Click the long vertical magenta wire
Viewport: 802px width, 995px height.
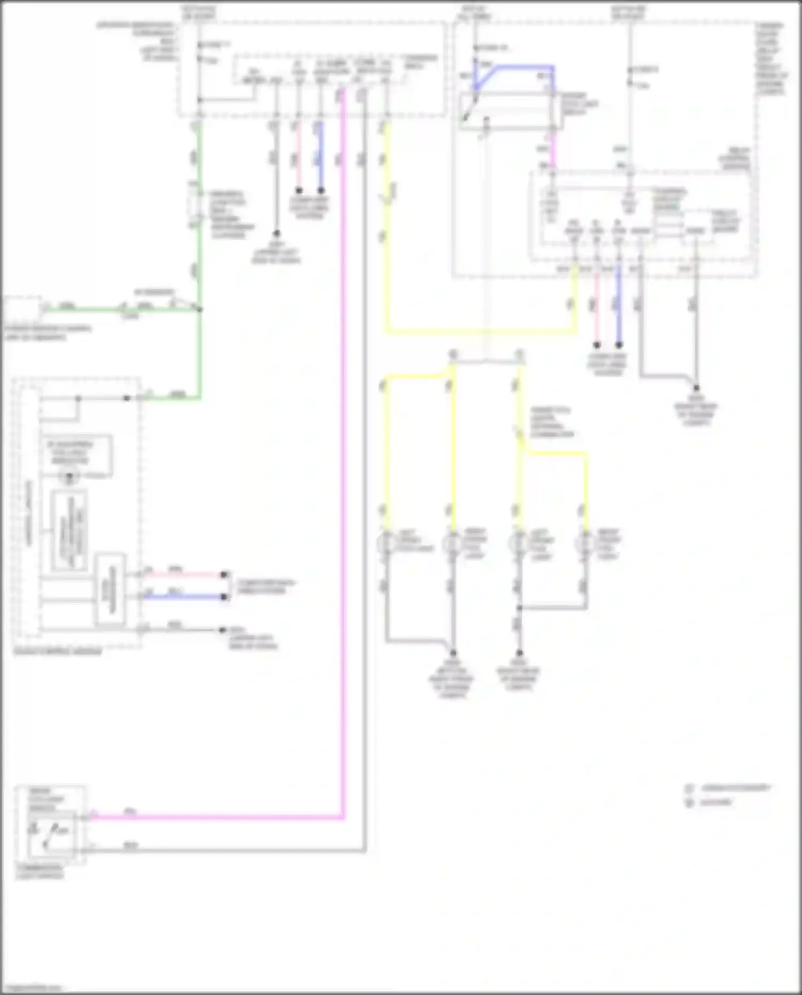pos(343,481)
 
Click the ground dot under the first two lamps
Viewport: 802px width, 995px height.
pos(453,653)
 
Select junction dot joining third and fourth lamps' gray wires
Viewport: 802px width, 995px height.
pos(519,608)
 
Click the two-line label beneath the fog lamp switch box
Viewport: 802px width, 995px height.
pos(40,871)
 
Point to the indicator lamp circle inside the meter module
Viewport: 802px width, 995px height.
pos(69,475)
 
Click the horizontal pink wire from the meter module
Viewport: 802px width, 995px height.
pos(182,575)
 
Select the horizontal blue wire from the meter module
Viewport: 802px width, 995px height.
pos(182,596)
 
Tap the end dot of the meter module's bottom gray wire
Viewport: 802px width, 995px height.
pos(222,630)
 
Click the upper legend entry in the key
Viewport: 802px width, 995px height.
pos(730,788)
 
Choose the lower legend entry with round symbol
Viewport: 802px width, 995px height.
pos(711,802)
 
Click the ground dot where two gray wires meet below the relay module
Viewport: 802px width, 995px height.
pos(696,388)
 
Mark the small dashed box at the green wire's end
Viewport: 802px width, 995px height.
pos(21,308)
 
